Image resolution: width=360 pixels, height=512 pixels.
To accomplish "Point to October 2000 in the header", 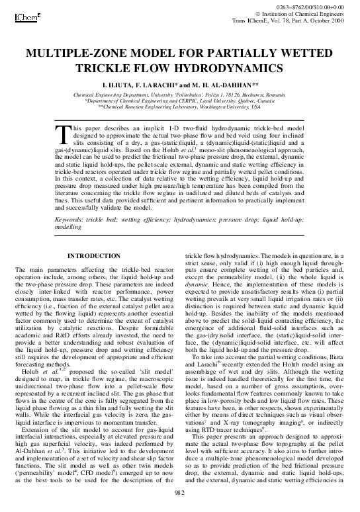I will click(x=328, y=19).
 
